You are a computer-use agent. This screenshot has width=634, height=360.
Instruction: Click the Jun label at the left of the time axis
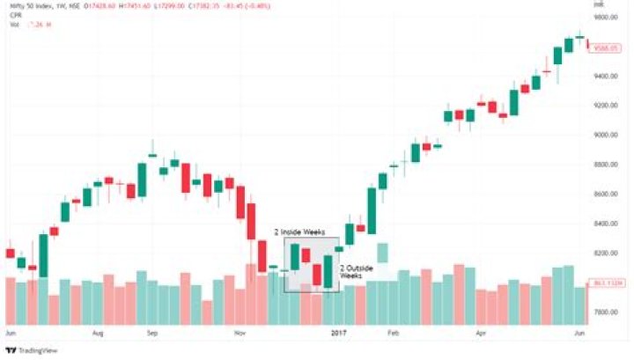point(11,334)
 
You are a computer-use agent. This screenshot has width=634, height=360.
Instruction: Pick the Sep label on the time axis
point(151,334)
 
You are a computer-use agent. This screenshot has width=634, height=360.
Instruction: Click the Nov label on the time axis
point(240,334)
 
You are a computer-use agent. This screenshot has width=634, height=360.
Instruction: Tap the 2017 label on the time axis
point(339,334)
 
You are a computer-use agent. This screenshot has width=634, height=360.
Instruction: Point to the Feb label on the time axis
point(393,334)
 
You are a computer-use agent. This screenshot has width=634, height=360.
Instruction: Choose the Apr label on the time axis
point(481,334)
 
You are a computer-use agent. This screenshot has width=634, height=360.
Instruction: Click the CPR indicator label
point(15,15)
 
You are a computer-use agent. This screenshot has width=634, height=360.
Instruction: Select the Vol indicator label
point(14,24)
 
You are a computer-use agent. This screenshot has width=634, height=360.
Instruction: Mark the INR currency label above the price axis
point(599,6)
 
